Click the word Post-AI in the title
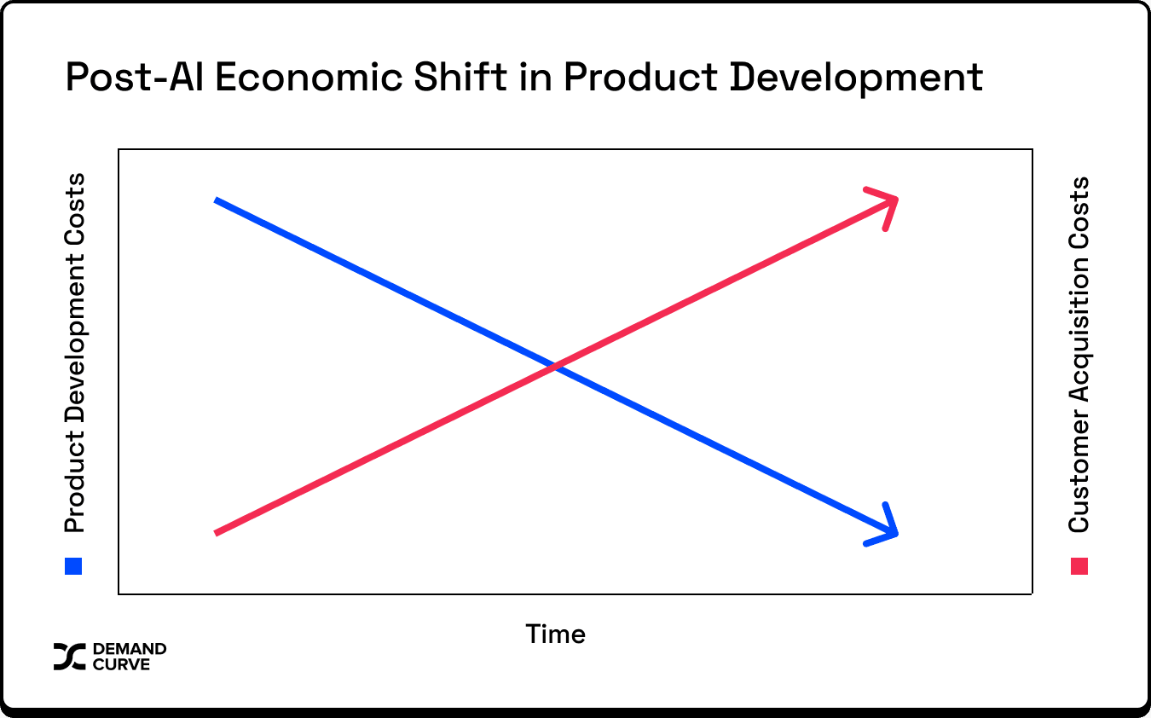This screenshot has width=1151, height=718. [x=134, y=77]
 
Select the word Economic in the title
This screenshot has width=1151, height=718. [x=309, y=77]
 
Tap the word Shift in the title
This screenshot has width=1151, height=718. [x=460, y=77]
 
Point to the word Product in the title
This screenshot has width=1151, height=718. [x=640, y=77]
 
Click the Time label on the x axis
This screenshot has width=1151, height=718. [x=555, y=634]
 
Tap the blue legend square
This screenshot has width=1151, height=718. [x=73, y=566]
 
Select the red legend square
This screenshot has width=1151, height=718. [x=1079, y=566]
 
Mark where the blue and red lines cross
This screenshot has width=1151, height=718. [x=555, y=367]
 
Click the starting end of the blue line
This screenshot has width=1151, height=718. [x=216, y=200]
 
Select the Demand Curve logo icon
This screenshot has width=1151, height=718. [x=69, y=657]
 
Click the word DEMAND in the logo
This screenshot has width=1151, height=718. [x=130, y=649]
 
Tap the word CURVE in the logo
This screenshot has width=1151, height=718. [x=121, y=664]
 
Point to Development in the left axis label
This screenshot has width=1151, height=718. [x=74, y=345]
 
